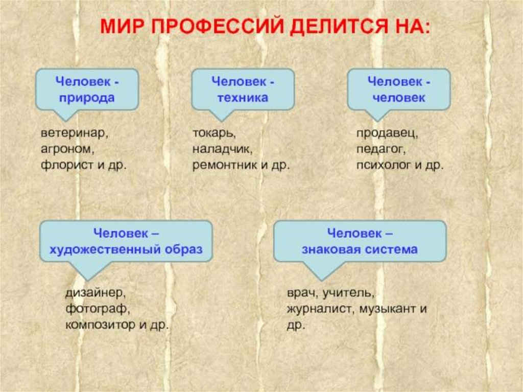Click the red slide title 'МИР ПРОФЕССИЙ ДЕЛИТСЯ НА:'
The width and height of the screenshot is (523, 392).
tap(265, 26)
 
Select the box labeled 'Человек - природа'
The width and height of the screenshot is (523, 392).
tap(86, 89)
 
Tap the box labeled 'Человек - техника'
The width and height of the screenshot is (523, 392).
tap(243, 89)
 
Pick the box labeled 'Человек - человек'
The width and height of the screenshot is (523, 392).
tap(398, 89)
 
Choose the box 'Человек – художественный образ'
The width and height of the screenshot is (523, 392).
tap(126, 241)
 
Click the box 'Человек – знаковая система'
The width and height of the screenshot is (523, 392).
tap(360, 241)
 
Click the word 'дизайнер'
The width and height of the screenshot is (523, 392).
tap(95, 293)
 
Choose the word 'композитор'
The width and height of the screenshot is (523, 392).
tap(98, 325)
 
